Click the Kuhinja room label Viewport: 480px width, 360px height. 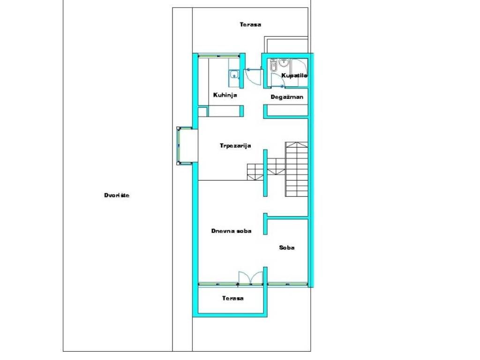tap(225, 95)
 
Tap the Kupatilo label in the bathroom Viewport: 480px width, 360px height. tap(294, 75)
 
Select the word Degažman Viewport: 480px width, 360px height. tap(287, 97)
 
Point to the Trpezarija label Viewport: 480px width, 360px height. tap(235, 146)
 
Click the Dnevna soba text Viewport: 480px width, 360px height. tap(232, 231)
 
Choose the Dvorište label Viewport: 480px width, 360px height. tap(117, 195)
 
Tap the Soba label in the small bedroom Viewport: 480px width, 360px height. tap(287, 247)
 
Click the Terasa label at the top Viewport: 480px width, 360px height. tap(250, 24)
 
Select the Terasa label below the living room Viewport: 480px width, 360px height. tap(233, 298)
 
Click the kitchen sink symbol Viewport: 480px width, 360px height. tap(234, 75)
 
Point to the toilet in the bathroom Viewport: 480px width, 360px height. tap(273, 65)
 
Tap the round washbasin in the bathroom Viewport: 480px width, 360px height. tap(283, 63)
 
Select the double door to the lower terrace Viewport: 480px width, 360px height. tap(251, 278)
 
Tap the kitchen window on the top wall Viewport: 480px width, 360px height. tap(218, 56)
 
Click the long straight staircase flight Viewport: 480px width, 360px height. tap(297, 169)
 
